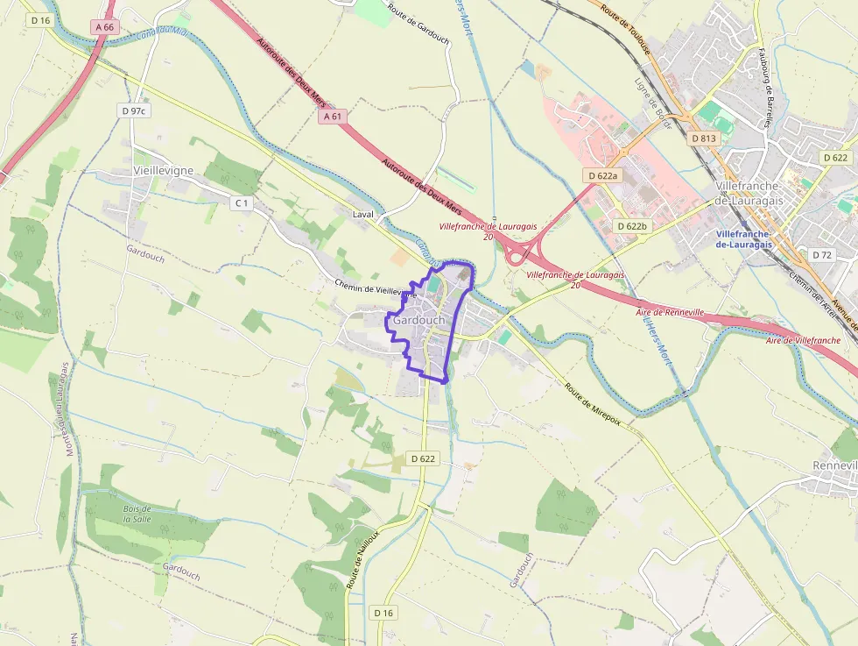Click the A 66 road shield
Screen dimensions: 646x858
103,27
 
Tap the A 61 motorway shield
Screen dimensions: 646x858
331,116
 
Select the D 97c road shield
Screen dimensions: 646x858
134,111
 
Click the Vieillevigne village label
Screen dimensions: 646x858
164,170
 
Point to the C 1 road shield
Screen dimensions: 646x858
241,203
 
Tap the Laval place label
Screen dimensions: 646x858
362,214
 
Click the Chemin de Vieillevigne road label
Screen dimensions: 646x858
373,288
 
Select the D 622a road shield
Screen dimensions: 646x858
603,175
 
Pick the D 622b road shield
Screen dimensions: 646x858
631,226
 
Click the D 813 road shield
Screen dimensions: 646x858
703,138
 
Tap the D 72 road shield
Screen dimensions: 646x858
821,255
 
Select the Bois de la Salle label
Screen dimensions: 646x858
137,514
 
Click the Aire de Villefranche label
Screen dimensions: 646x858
803,340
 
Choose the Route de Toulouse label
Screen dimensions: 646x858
625,27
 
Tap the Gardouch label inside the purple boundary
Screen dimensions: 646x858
419,321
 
